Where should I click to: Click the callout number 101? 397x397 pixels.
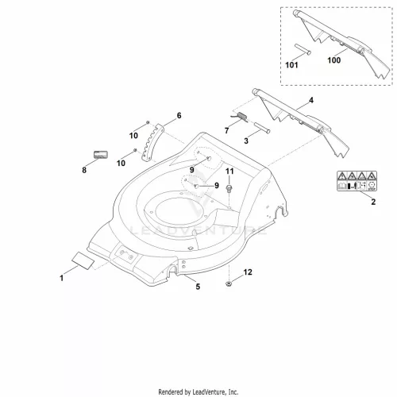click(291, 65)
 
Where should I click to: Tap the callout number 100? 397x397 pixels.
click(334, 60)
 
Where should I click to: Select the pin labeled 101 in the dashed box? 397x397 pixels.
click(303, 49)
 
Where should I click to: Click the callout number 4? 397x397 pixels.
click(311, 100)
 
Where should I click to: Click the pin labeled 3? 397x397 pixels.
click(262, 127)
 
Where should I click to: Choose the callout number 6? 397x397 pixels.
click(179, 115)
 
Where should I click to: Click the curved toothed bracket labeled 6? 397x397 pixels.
click(152, 142)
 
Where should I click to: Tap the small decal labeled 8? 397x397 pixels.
click(101, 155)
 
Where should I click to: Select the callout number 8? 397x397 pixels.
click(84, 170)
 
